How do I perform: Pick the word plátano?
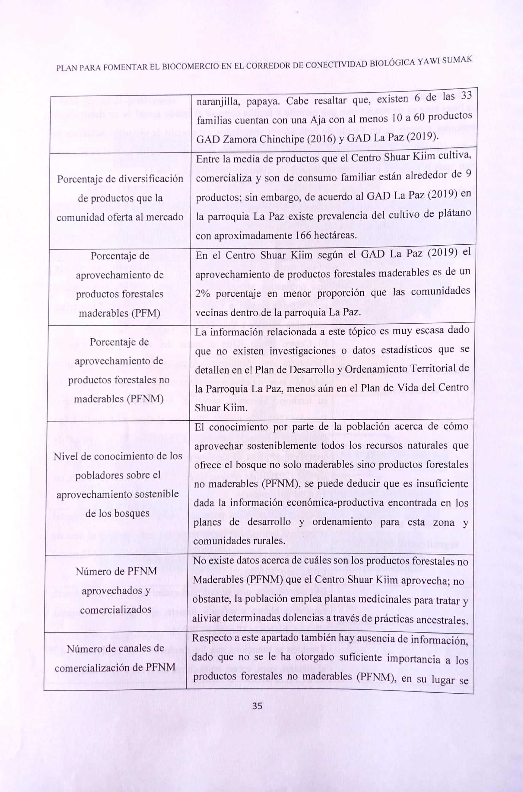point(453,212)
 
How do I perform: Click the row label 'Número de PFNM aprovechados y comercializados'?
point(116,591)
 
